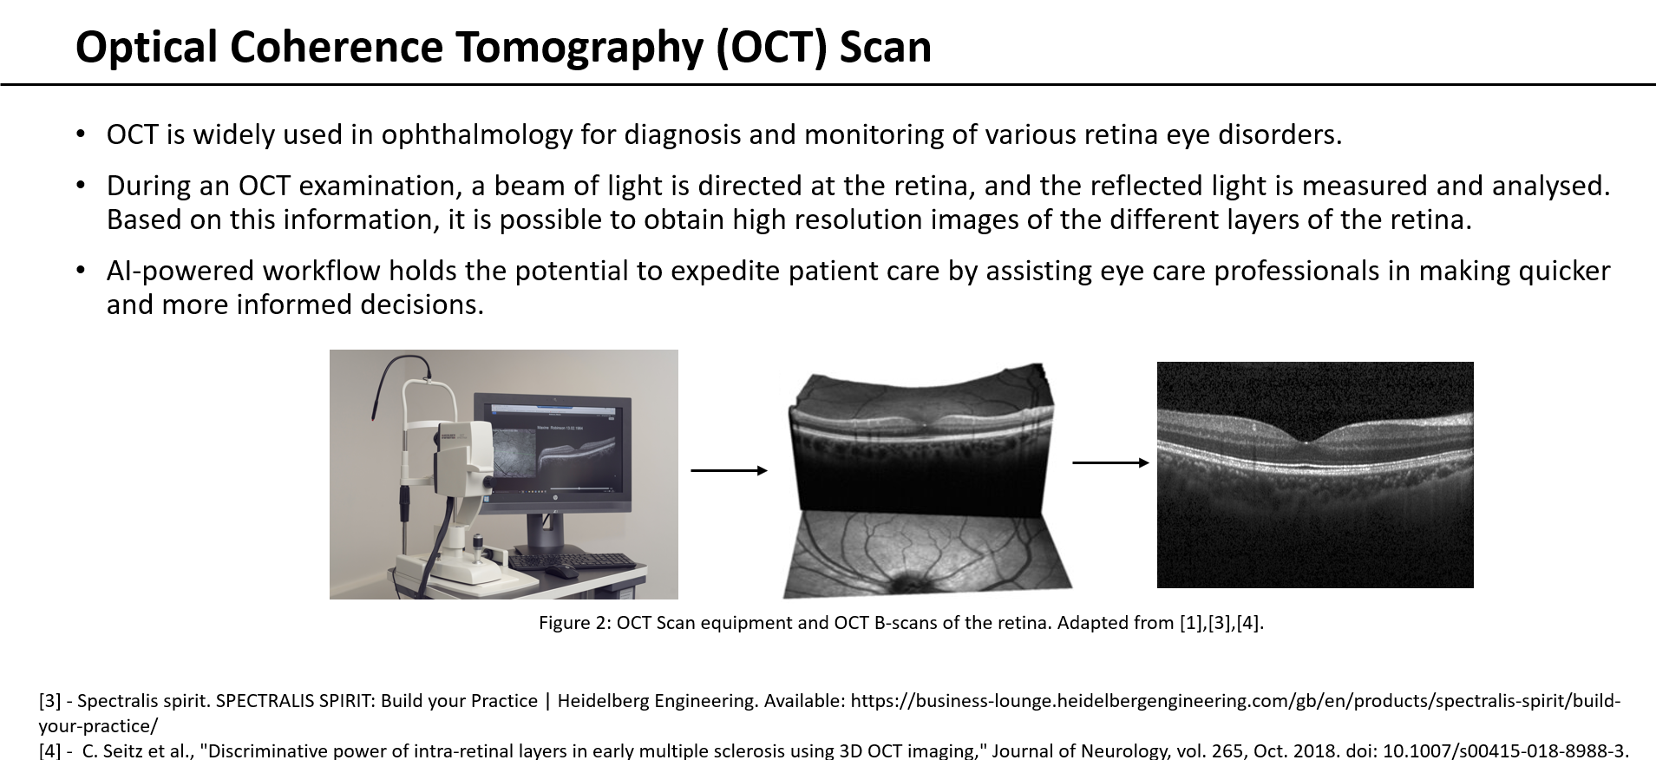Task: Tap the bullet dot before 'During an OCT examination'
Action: [x=81, y=185]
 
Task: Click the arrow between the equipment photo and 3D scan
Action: [x=729, y=470]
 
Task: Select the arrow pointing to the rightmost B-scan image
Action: [x=1110, y=462]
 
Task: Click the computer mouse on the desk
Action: [x=564, y=572]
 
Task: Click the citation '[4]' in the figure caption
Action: [x=1248, y=623]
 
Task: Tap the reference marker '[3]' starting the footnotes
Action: [x=49, y=701]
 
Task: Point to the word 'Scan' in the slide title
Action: [x=885, y=47]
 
